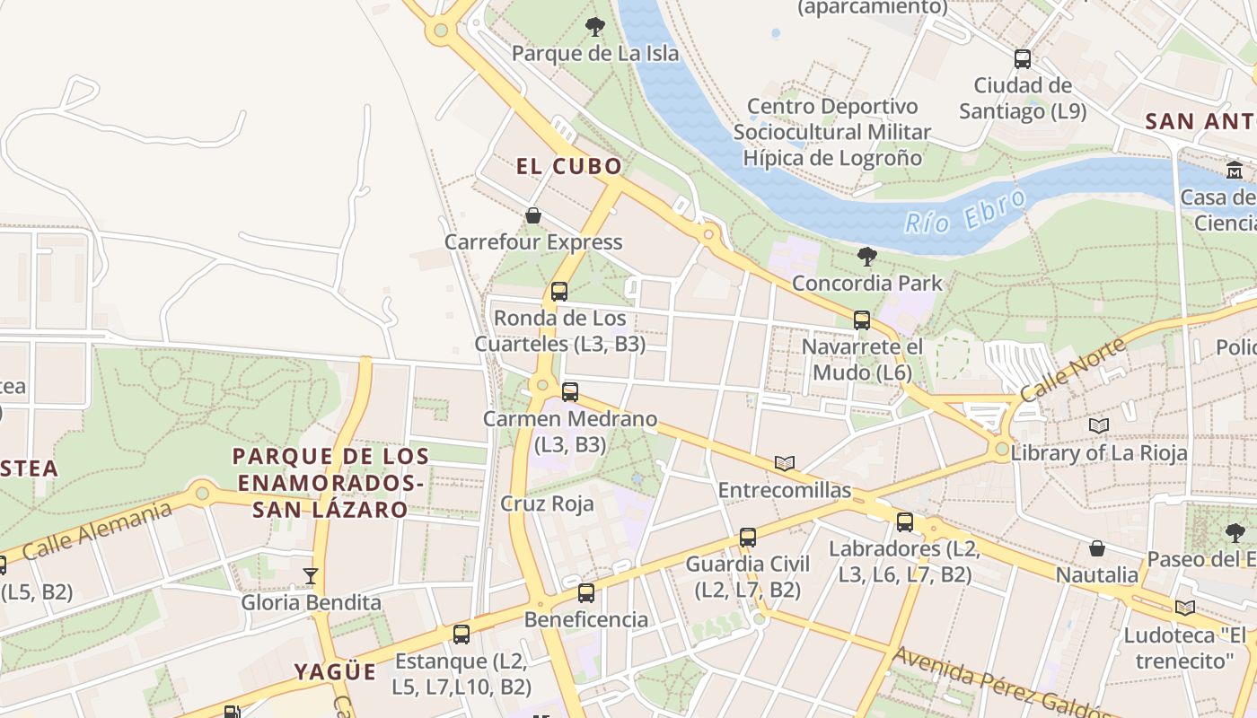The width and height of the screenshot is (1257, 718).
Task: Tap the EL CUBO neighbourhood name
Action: coord(568,166)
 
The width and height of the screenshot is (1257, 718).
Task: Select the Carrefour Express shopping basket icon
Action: coord(533,215)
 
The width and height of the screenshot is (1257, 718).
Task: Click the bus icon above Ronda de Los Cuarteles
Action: coord(559,291)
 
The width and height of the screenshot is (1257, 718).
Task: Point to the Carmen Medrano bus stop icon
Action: coord(570,391)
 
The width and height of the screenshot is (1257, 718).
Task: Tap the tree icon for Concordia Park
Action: coord(867,257)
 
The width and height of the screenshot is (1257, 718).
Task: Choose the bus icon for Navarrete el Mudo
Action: coord(862,320)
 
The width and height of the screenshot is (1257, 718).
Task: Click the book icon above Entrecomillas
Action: coord(785,463)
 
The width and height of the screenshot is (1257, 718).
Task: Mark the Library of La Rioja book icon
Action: coord(1099,425)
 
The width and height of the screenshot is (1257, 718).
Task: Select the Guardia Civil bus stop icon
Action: coord(748,538)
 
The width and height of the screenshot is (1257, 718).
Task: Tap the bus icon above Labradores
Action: coord(905,521)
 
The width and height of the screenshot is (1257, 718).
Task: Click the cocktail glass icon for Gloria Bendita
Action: coord(311,575)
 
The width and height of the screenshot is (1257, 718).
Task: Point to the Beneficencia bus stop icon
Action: coord(586,592)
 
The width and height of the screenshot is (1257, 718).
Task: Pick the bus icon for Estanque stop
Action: coord(461,635)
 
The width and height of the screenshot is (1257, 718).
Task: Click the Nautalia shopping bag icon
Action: coord(1097,547)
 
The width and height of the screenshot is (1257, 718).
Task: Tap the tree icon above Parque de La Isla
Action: coord(594,27)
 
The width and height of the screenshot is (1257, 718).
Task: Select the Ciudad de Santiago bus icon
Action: coord(1023,59)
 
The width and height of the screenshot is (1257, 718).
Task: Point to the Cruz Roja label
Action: coord(548,503)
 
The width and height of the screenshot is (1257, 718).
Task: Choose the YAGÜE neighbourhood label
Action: coord(335,671)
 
